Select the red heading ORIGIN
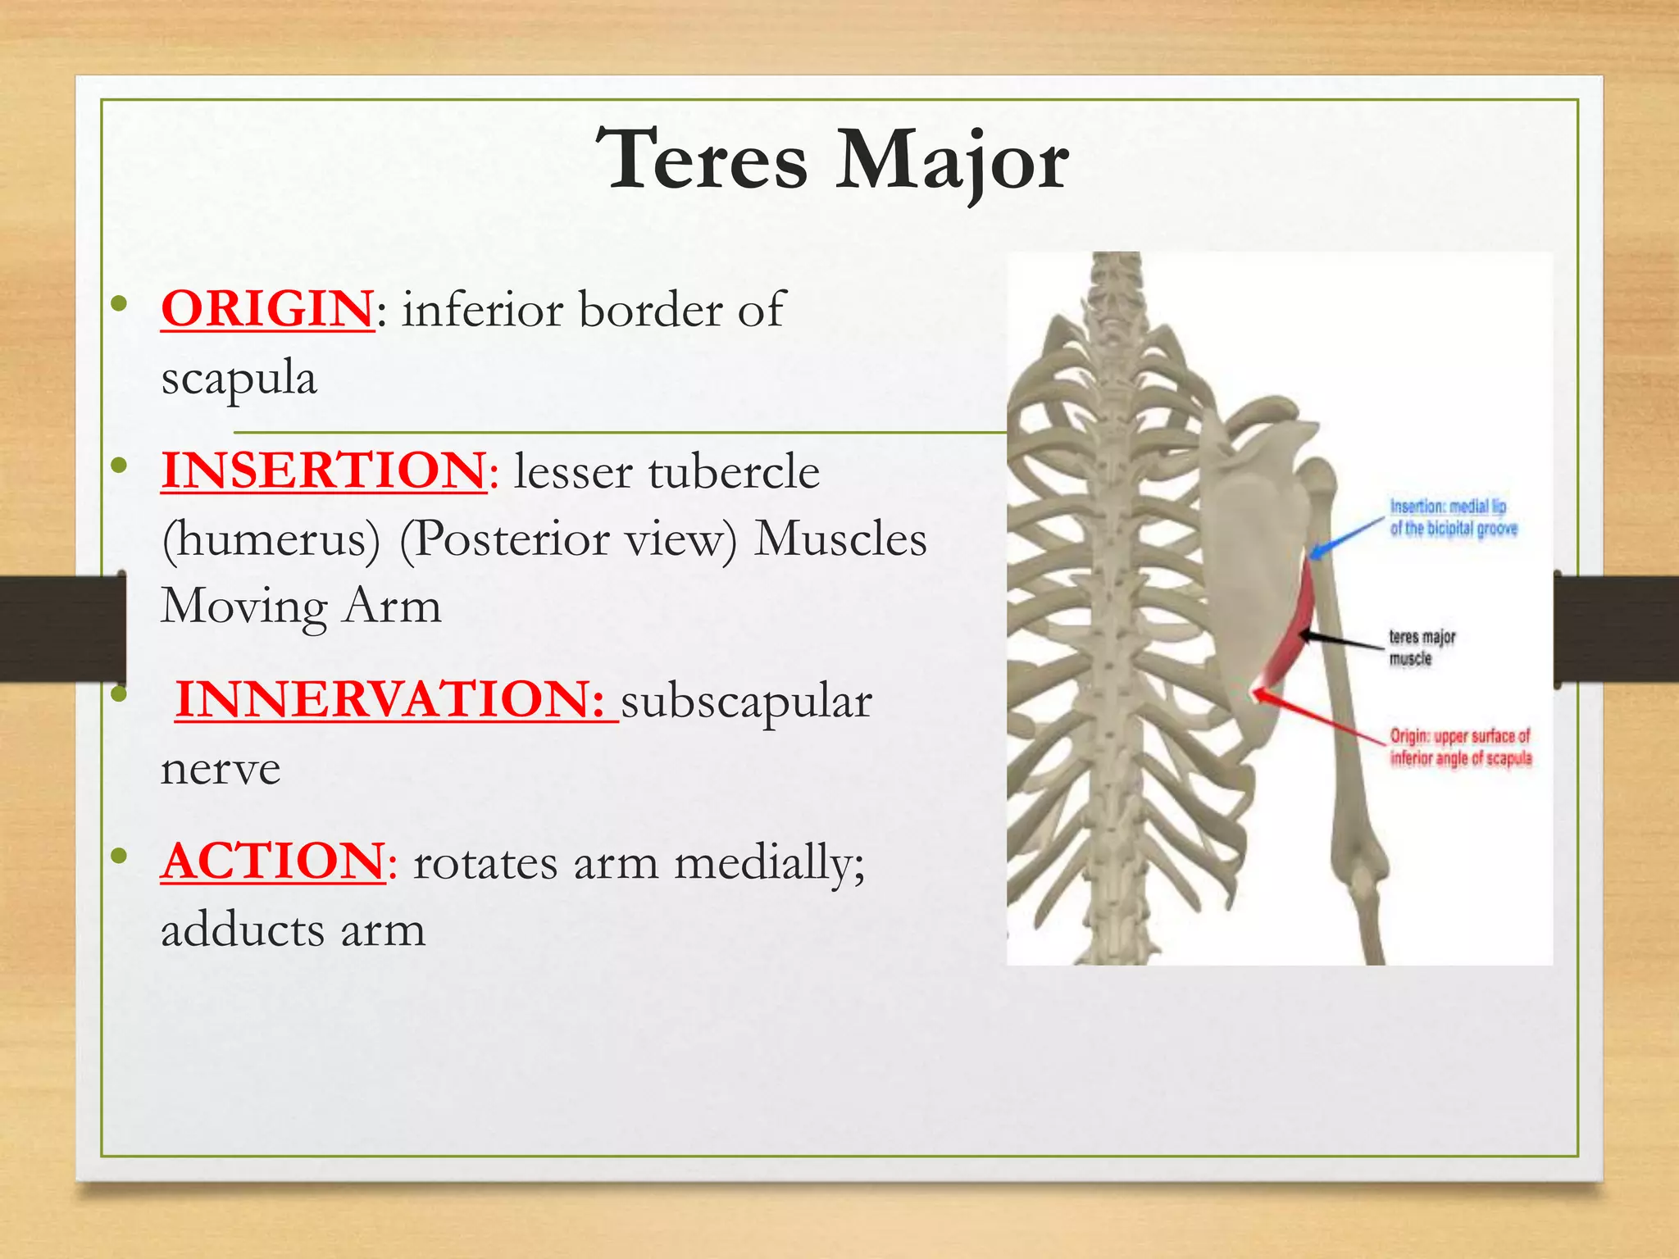pos(267,309)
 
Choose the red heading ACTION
pos(272,861)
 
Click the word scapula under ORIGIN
pos(239,378)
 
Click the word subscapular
pos(746,702)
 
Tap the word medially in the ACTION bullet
pos(769,863)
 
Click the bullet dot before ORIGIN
pos(120,304)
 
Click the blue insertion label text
pos(1453,517)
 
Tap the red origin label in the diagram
pos(1459,747)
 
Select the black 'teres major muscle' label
pos(1421,648)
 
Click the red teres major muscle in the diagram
pos(1291,631)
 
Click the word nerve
pos(221,769)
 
